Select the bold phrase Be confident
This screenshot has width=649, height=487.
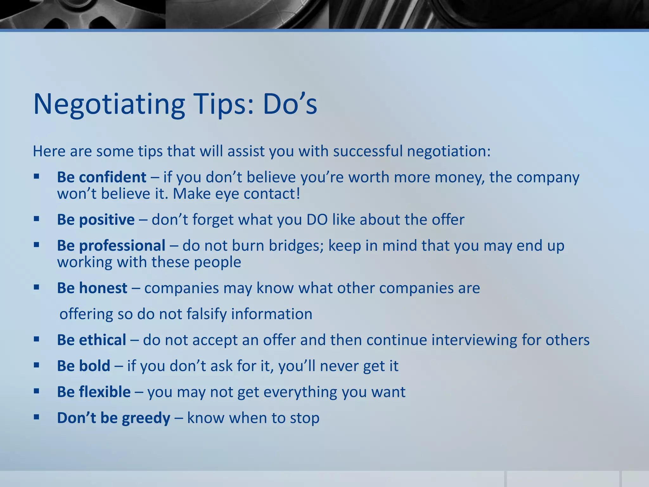pos(101,177)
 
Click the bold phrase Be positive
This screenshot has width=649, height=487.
pos(96,219)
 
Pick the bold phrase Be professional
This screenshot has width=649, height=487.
pos(111,245)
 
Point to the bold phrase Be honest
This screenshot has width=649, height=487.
pos(92,288)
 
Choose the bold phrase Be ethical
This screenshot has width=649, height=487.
pos(91,340)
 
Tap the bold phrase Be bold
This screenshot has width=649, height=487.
pos(83,366)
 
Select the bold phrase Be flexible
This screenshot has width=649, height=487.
pos(93,392)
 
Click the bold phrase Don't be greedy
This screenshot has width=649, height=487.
pos(113,418)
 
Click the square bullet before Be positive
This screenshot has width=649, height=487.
pos(36,219)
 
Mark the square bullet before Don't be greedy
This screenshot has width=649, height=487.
pos(36,417)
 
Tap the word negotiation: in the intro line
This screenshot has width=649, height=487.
pos(448,152)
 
